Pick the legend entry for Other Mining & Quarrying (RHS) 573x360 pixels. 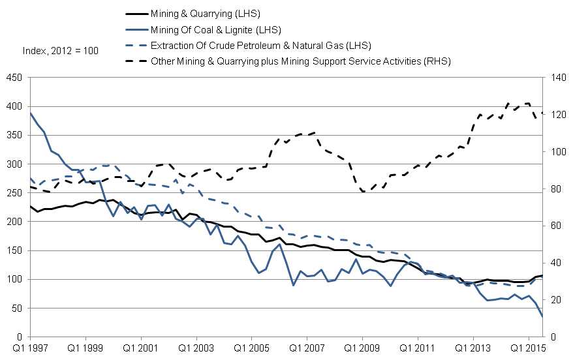[x=300, y=61]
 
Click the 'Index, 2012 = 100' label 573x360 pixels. [x=60, y=50]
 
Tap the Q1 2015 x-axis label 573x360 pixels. [x=527, y=349]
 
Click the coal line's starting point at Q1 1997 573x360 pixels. [x=30, y=113]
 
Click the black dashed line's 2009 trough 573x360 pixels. [x=363, y=191]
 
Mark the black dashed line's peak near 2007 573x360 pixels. [x=314, y=132]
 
